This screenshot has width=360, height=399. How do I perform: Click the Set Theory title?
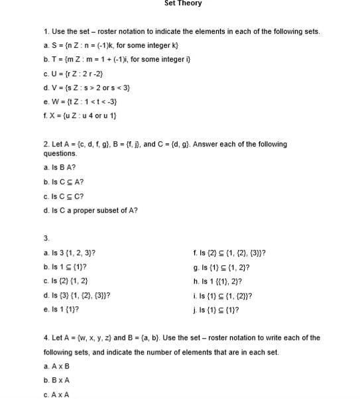click(x=183, y=4)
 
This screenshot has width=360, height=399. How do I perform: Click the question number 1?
click(x=46, y=32)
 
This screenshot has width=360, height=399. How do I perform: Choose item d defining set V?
click(x=87, y=88)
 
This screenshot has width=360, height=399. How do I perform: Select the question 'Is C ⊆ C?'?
click(x=64, y=196)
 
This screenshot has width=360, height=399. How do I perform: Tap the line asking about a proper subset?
click(x=90, y=211)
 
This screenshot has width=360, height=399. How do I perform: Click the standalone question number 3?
click(x=46, y=238)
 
